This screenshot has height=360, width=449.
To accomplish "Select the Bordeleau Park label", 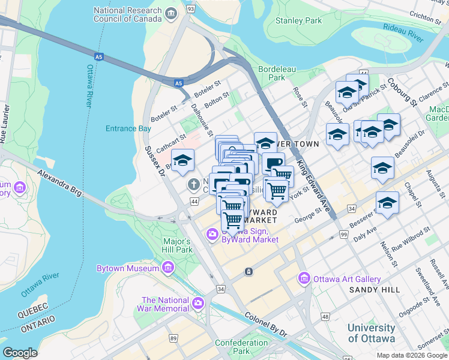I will [x=277, y=73].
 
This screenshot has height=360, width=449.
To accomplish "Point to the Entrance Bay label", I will [x=128, y=128].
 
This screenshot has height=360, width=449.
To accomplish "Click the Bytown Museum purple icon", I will [x=168, y=267].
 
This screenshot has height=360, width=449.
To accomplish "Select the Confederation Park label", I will [x=241, y=347].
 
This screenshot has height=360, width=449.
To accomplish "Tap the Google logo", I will [x=20, y=353].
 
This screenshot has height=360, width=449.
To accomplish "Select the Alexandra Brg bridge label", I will [x=58, y=182].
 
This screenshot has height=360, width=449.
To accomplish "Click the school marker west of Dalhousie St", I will [x=183, y=161].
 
